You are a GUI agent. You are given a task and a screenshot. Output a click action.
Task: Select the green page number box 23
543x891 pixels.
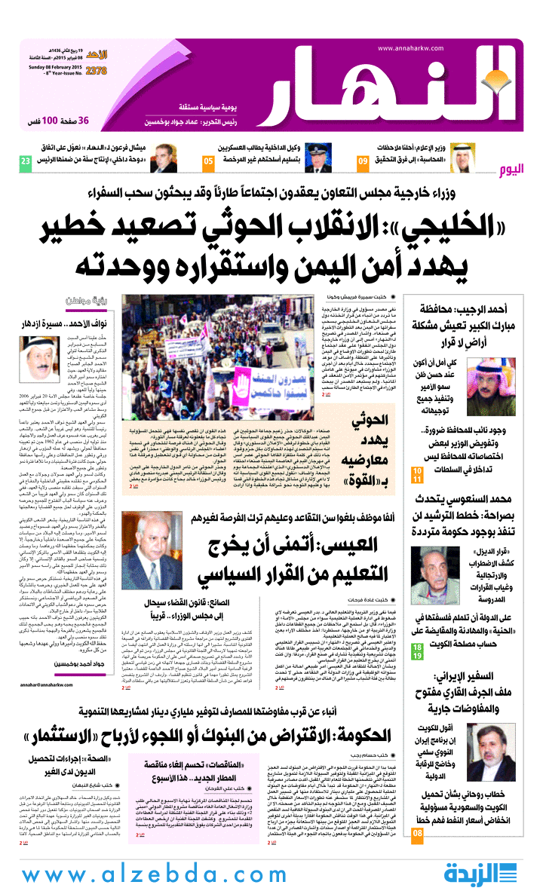pyautogui.click(x=26, y=162)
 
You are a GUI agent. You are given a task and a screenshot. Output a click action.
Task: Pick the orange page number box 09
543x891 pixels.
pyautogui.click(x=363, y=162)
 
